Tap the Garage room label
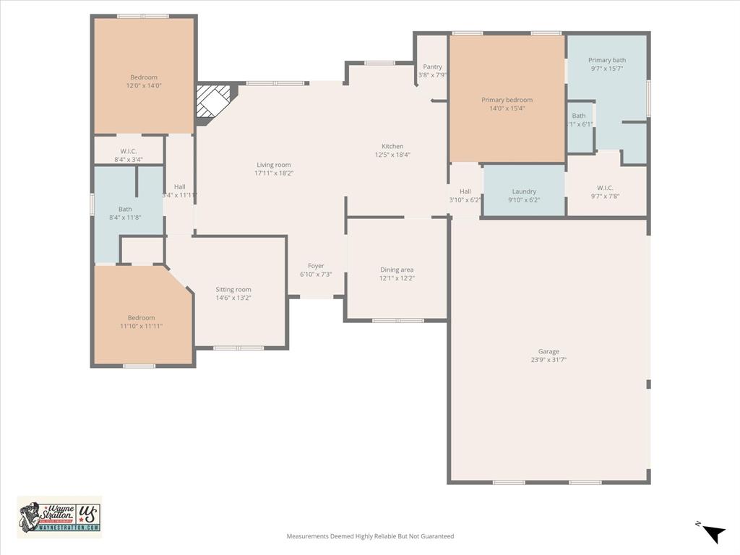click(x=548, y=351)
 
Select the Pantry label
click(x=432, y=66)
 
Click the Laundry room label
click(x=524, y=192)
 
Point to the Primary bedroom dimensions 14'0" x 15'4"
click(x=507, y=108)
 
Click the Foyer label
click(x=316, y=266)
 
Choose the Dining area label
click(x=397, y=270)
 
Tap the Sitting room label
click(x=233, y=289)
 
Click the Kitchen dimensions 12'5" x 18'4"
click(x=392, y=155)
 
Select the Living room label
click(x=274, y=165)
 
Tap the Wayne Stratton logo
click(x=59, y=517)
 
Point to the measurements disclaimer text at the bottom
click(x=370, y=536)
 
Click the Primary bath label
click(x=607, y=60)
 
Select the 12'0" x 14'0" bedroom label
click(x=144, y=77)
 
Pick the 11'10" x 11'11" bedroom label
click(x=141, y=318)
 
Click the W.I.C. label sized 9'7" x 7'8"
click(x=606, y=188)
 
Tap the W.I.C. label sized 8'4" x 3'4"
click(x=129, y=151)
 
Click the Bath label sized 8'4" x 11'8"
click(x=125, y=209)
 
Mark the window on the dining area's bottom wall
click(x=398, y=320)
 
